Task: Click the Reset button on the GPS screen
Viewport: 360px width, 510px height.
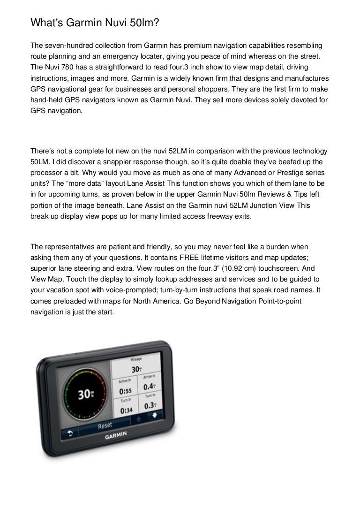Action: click(105, 426)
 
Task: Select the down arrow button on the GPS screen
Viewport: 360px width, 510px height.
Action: click(154, 415)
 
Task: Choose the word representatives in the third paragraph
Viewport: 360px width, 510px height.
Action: click(68, 247)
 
